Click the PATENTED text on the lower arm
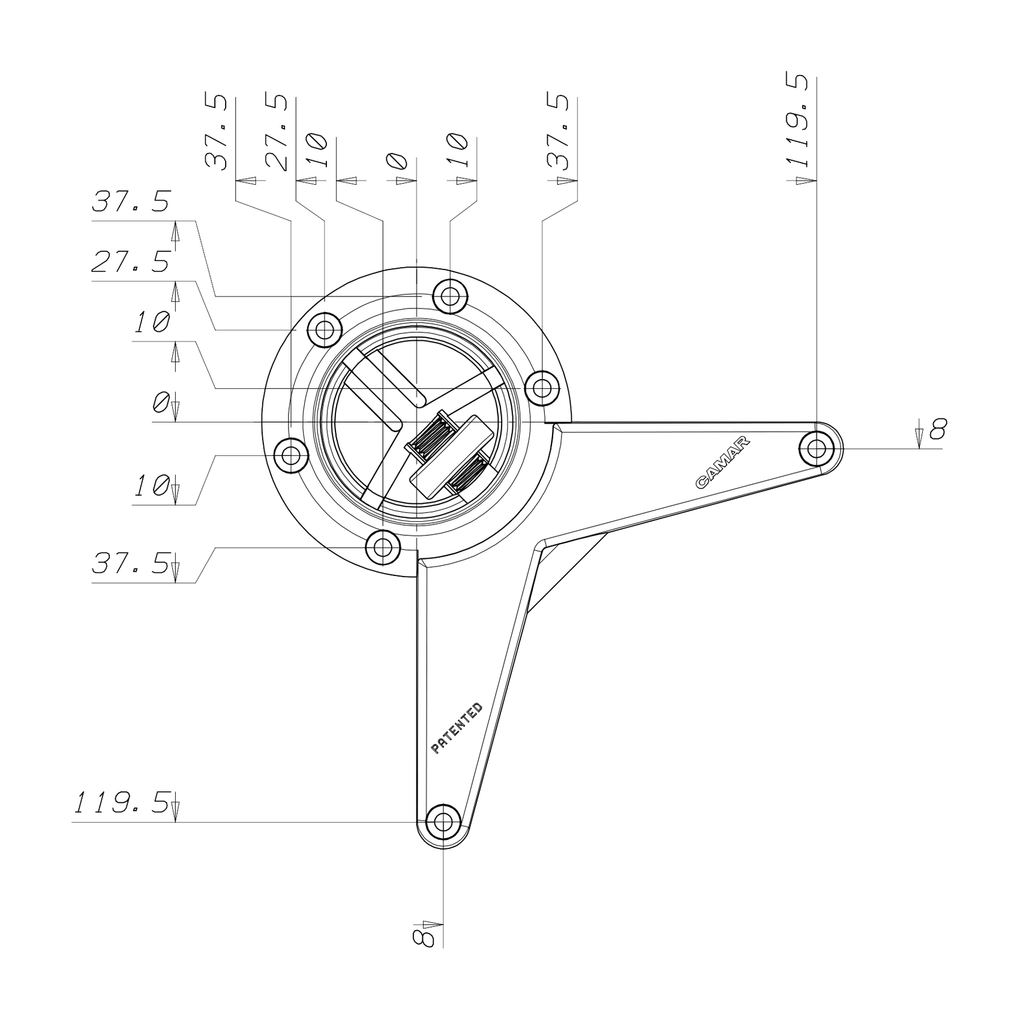[x=457, y=728]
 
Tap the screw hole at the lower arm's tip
[x=443, y=821]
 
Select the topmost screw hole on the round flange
[x=450, y=296]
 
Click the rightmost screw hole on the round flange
[x=542, y=388]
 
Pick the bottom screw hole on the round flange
[x=383, y=547]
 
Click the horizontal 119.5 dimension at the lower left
[x=122, y=803]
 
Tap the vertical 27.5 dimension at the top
[x=277, y=132]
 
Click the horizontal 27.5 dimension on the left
[x=131, y=263]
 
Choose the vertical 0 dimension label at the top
[x=397, y=162]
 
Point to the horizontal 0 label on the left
[x=160, y=403]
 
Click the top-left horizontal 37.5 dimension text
[x=131, y=202]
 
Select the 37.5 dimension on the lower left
[x=131, y=564]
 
